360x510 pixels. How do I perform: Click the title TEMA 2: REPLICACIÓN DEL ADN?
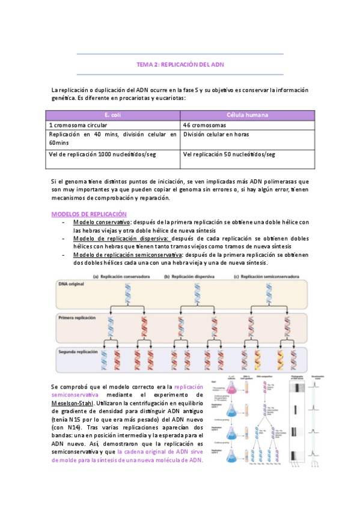tap(180, 64)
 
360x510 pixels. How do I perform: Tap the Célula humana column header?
tap(247, 115)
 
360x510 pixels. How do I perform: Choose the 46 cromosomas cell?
tap(205, 125)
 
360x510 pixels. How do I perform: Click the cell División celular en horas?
tap(216, 135)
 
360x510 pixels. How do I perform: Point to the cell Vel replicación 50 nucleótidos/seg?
tap(229, 155)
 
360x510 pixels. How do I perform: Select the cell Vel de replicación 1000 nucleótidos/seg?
tap(102, 155)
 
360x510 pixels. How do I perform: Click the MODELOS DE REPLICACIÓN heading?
tap(89, 214)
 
